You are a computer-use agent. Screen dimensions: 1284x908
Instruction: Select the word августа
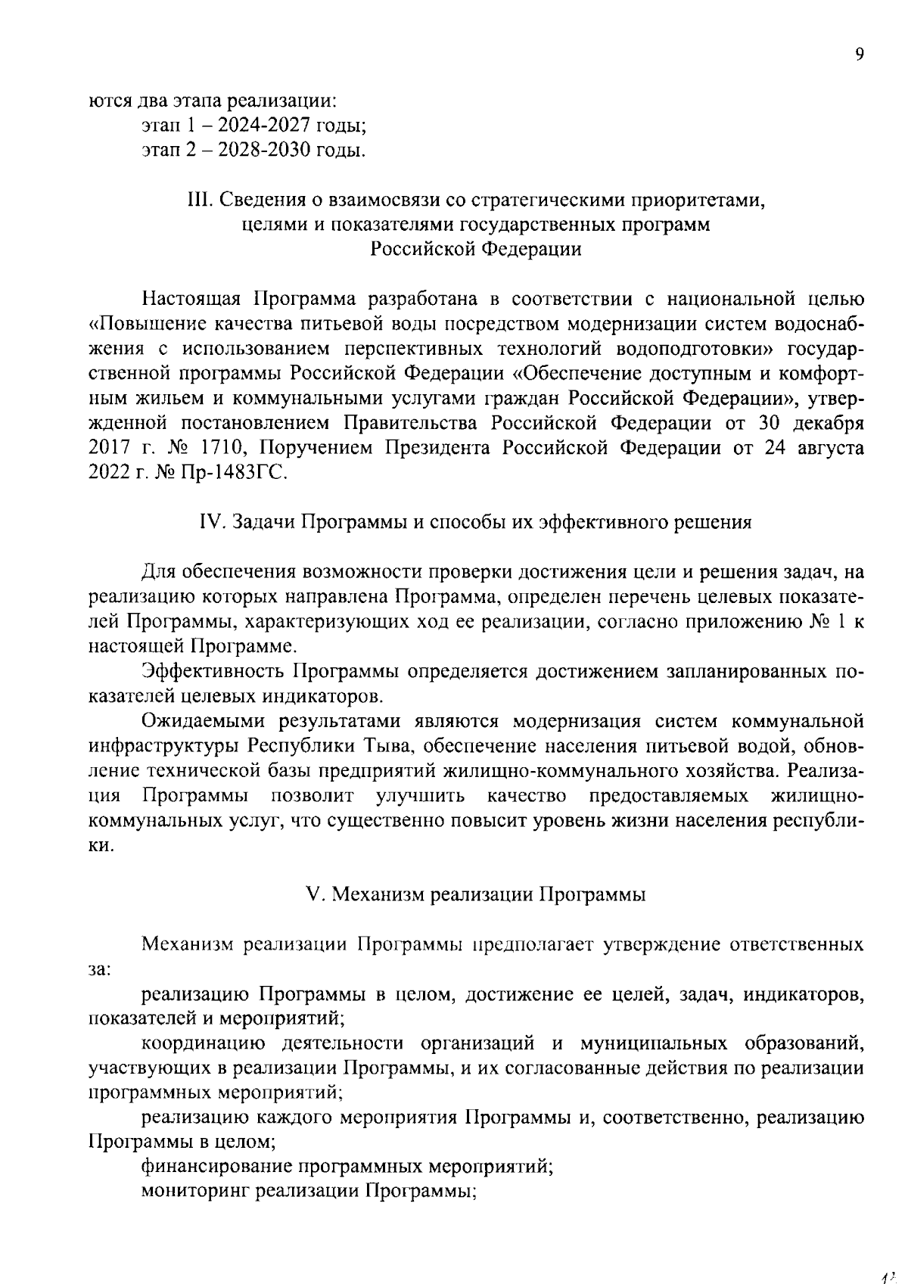click(830, 448)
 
